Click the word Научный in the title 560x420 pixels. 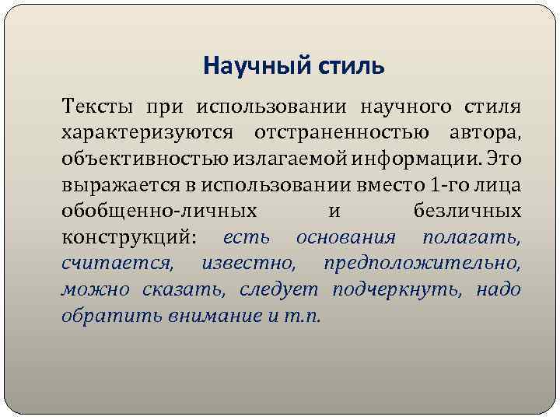(247, 66)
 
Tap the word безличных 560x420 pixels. (464, 211)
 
